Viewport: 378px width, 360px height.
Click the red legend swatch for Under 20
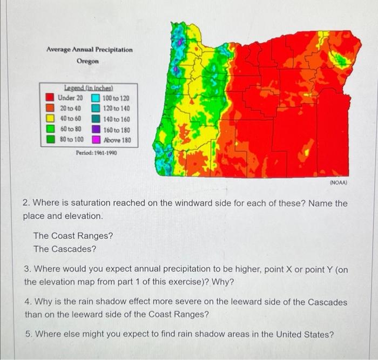point(49,98)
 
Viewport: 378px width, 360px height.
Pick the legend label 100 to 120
point(116,99)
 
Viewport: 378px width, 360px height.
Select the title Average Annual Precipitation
point(89,50)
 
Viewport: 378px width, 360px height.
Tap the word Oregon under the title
point(87,61)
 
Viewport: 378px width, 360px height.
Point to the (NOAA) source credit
point(338,183)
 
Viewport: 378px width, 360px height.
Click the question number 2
point(26,203)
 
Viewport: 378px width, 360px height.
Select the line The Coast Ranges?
point(73,236)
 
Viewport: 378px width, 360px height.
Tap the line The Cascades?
point(65,249)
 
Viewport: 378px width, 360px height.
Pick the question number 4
point(27,302)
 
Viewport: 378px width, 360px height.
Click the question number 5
point(27,334)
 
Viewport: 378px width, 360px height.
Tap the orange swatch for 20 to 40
point(49,108)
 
